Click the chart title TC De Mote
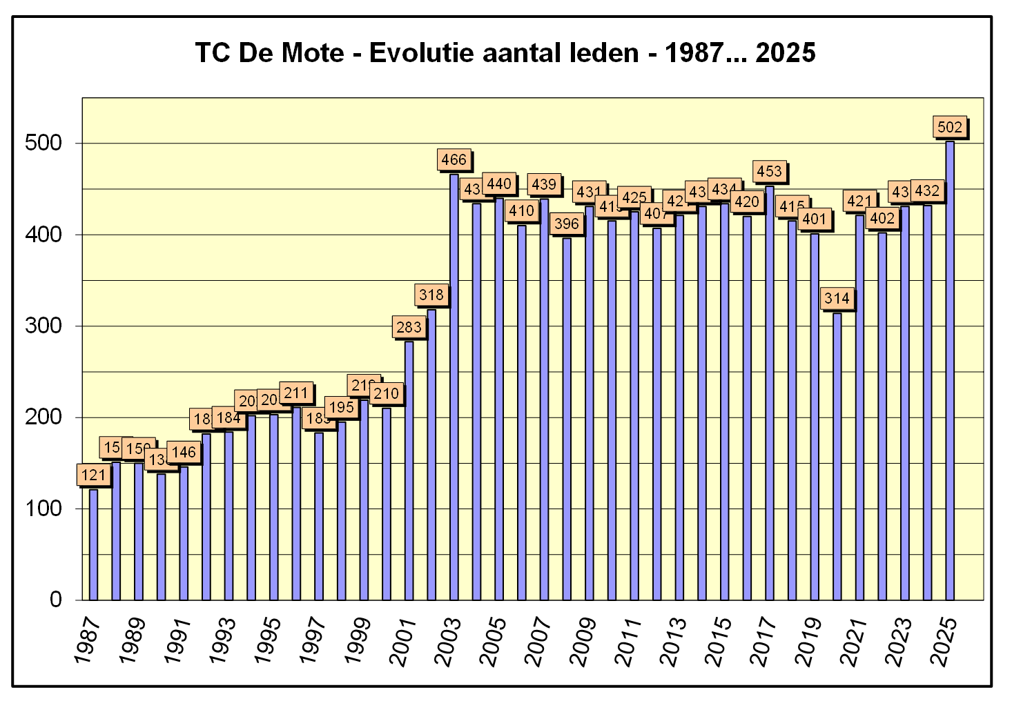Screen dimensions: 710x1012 [x=505, y=52]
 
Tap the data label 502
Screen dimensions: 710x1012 [x=950, y=127]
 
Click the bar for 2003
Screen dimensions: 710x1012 [x=454, y=386]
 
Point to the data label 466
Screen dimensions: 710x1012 [x=454, y=160]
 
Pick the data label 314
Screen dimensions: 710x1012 [x=837, y=299]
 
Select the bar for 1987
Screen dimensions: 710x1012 [x=93, y=544]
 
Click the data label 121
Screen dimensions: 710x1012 [x=93, y=475]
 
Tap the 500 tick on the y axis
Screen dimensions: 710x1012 [x=43, y=143]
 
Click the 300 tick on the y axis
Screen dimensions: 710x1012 [x=43, y=326]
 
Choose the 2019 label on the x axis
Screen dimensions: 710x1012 [x=808, y=642]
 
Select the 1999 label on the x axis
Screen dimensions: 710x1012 [x=358, y=642]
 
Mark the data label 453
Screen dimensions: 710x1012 [x=770, y=171]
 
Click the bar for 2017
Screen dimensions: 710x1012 [x=770, y=393]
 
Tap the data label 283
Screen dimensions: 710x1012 [x=409, y=327]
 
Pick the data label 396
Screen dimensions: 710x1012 [x=567, y=224]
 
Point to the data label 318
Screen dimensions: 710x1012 [x=431, y=295]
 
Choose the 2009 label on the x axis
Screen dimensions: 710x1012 [x=583, y=642]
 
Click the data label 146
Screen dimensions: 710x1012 [x=184, y=453]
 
